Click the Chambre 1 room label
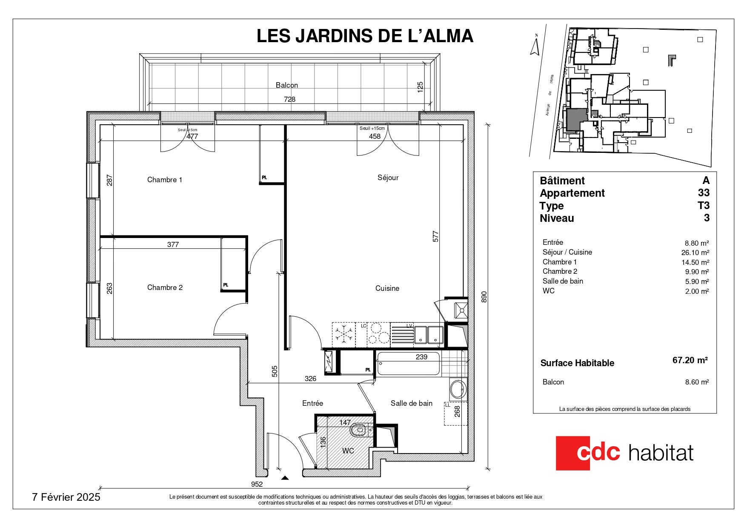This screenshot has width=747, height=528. coord(165,180)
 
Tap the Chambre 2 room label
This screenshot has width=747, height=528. coord(165,287)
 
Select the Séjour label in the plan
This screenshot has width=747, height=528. coord(388,178)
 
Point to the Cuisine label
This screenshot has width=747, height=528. coord(387,288)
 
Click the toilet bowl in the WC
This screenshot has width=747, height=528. coord(359,430)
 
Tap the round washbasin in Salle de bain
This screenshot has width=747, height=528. coord(458,389)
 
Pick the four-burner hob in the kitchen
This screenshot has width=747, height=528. coord(378,333)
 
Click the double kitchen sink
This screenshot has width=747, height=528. coord(429,334)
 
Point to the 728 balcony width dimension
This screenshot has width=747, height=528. coord(289,99)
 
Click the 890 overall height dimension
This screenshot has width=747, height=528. coord(484,297)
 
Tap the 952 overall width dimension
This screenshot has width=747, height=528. coord(257,484)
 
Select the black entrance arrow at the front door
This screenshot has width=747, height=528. coord(285,478)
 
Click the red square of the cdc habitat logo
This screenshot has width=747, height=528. coord(573,453)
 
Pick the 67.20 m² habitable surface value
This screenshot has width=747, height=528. coord(690,360)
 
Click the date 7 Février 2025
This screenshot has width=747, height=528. coord(66,497)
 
